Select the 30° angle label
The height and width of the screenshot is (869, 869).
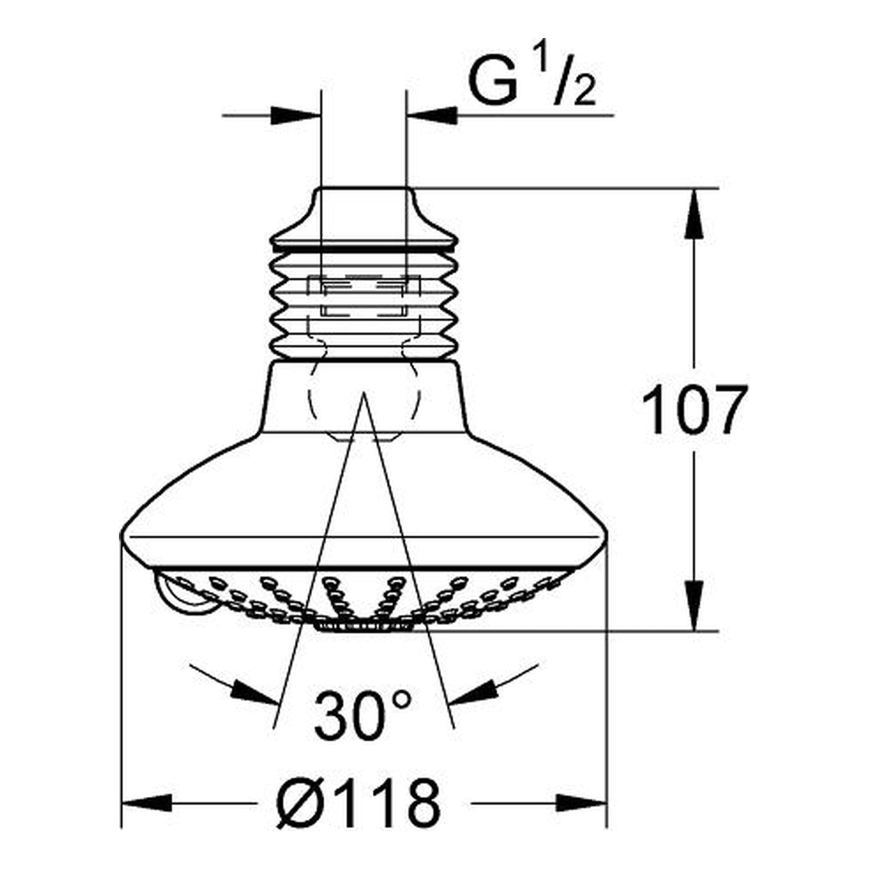(362, 715)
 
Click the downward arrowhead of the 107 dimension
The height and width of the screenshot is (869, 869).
(695, 607)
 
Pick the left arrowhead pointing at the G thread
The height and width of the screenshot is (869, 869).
(297, 115)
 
